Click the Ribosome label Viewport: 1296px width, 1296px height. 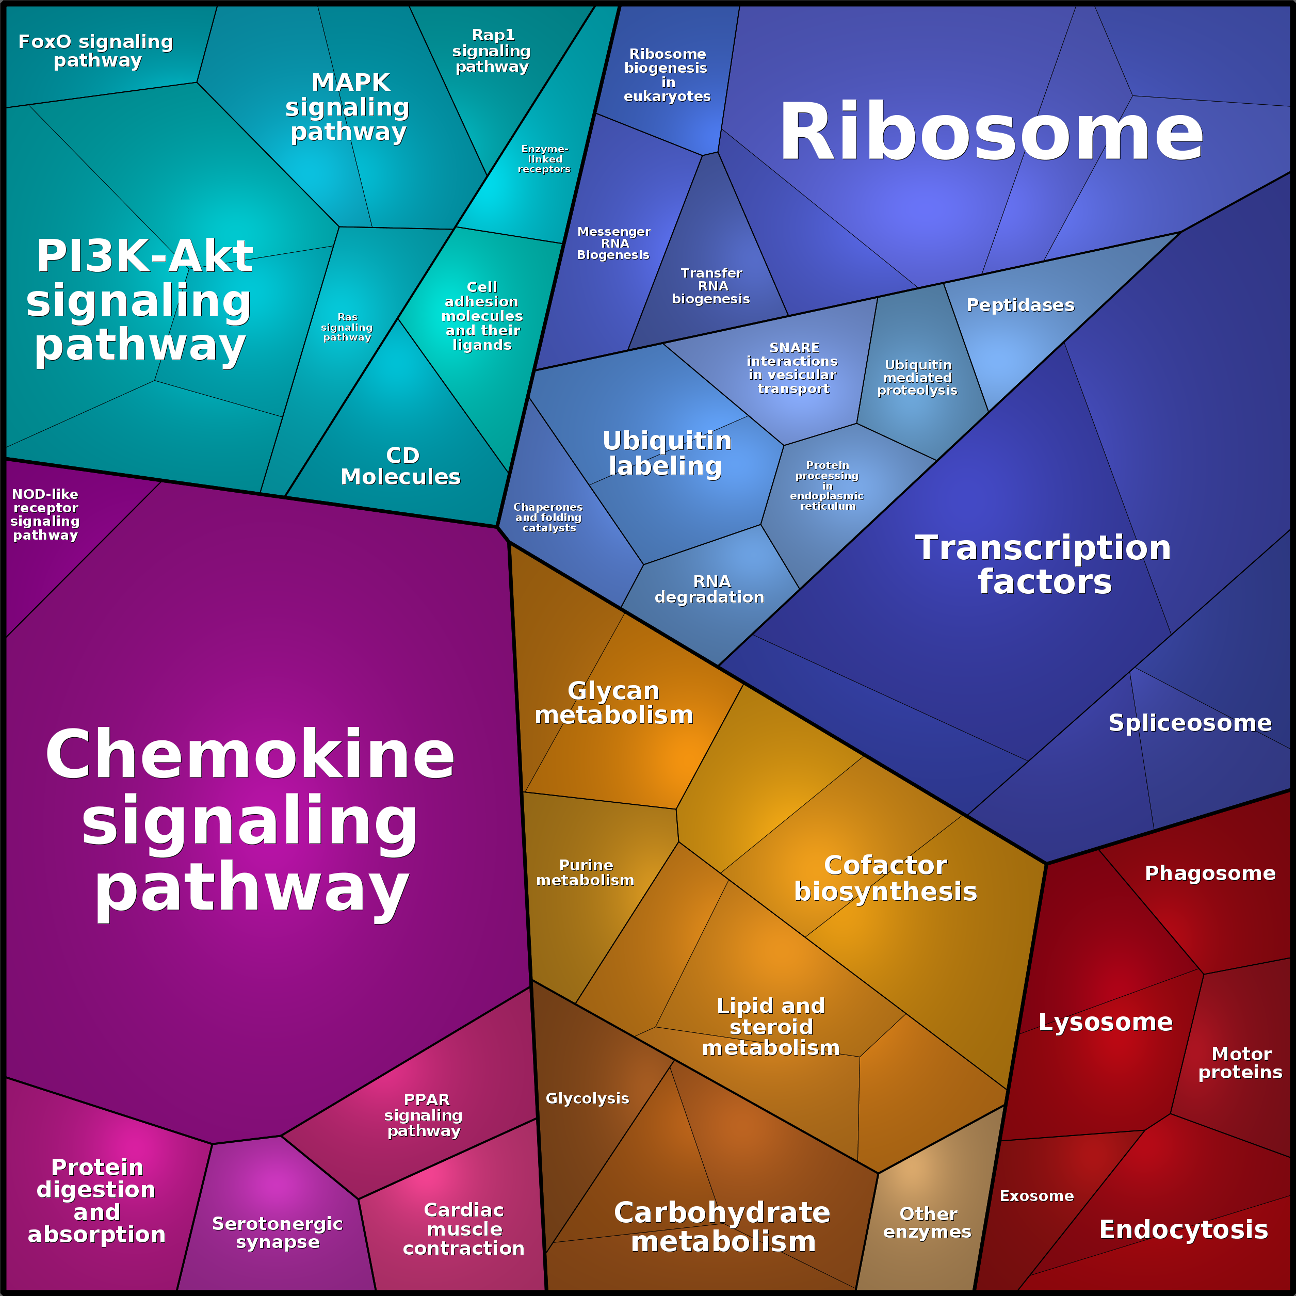point(990,132)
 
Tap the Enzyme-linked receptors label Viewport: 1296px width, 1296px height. point(544,159)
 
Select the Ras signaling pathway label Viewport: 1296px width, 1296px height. point(347,328)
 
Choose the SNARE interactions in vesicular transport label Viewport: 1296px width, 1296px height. point(793,368)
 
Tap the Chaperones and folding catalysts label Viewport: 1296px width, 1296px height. point(548,517)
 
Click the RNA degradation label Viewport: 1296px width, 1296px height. point(710,589)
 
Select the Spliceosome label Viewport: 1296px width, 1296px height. point(1189,723)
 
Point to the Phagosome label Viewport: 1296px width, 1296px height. point(1209,873)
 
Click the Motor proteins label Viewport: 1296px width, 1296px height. point(1240,1063)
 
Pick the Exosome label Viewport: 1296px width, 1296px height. point(1036,1196)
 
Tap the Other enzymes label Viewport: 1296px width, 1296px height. point(928,1223)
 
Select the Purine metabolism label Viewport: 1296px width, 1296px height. point(585,873)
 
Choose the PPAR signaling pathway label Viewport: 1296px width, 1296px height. point(424,1115)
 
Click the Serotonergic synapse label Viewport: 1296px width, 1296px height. point(278,1233)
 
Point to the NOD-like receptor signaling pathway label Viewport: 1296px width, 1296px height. point(45,514)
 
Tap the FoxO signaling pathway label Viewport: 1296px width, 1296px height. point(96,51)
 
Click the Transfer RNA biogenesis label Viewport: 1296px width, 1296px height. point(711,286)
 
